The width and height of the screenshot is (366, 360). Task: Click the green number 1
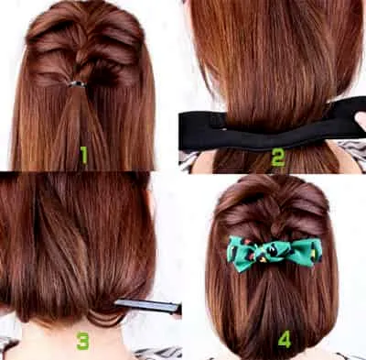83,155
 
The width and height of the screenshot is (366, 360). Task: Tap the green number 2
278,158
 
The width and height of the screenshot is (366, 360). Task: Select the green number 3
82,341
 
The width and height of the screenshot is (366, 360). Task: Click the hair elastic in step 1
78,84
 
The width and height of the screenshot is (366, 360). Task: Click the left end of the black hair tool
180,130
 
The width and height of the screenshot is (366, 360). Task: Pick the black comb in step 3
148,306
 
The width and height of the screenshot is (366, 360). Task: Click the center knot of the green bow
270,252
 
